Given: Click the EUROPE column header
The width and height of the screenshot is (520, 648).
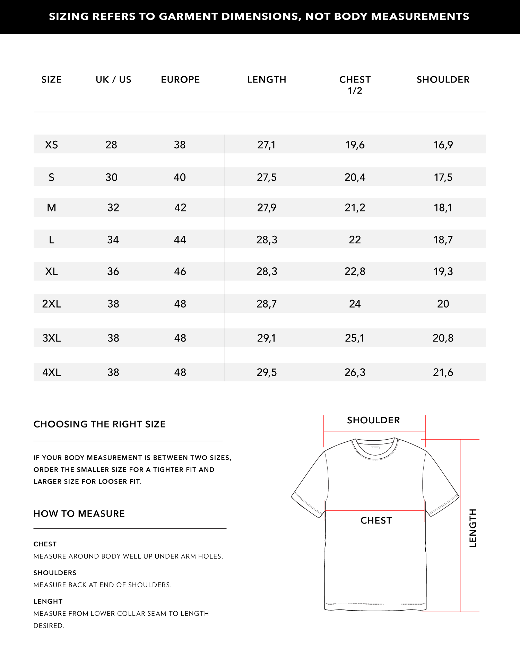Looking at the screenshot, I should [180, 80].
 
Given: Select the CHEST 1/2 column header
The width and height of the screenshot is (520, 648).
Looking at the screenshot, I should [355, 85].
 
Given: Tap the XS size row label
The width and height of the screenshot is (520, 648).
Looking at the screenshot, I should [51, 145].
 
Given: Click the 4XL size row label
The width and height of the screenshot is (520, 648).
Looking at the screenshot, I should [51, 372].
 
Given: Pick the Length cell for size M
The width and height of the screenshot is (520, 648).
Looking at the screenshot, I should [267, 208].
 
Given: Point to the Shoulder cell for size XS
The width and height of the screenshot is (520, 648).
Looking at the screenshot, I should [443, 145].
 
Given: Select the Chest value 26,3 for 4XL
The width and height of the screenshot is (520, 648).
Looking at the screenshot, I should [355, 372].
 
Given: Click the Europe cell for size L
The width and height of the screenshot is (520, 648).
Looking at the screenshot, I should [180, 240].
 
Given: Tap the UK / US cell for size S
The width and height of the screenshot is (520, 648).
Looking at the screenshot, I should [111, 177].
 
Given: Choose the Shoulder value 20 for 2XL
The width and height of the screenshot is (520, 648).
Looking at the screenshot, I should [443, 304].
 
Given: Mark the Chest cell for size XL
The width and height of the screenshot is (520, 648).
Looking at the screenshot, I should [355, 271].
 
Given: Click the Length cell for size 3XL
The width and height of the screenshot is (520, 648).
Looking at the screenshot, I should [267, 338].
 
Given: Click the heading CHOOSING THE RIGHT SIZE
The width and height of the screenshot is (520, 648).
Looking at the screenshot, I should [99, 424].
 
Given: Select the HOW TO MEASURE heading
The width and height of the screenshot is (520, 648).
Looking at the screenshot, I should [79, 514].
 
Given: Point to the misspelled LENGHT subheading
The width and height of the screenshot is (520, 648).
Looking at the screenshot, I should [48, 602].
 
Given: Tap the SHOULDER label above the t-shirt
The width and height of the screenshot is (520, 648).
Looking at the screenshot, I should [373, 420].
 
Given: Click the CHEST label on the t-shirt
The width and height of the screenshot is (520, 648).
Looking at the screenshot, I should [376, 520].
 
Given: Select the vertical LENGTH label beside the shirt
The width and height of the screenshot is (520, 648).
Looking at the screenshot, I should [473, 528].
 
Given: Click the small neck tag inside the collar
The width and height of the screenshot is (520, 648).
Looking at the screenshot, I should [375, 448].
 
